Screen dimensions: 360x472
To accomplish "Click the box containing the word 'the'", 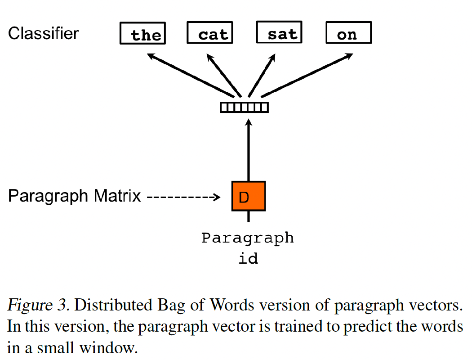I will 142,34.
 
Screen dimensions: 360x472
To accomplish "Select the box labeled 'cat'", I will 209,33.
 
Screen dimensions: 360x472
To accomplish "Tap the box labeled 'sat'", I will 278,33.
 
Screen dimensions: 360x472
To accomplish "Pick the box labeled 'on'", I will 348,33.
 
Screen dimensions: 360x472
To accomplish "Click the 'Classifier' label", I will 44,33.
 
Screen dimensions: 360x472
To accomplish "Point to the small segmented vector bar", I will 244,108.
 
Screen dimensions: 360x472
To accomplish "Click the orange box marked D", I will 249,196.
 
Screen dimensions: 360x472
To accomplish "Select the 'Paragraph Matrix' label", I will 75,196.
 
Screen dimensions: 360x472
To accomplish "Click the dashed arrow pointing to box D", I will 183,197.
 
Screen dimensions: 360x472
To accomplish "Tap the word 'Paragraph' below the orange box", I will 247,238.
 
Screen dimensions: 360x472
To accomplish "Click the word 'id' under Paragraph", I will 248,259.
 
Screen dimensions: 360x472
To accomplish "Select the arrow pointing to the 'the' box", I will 191,75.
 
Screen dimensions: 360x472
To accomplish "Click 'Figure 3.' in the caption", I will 38,306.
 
